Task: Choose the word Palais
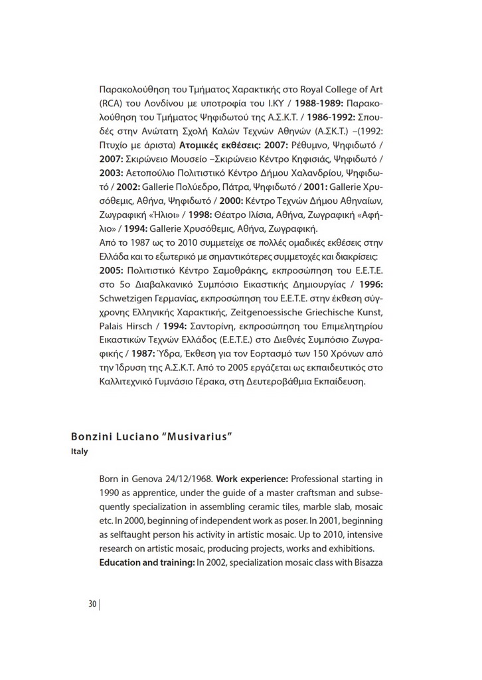(x=114, y=325)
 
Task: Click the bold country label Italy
(x=79, y=452)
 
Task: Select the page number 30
(x=92, y=604)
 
